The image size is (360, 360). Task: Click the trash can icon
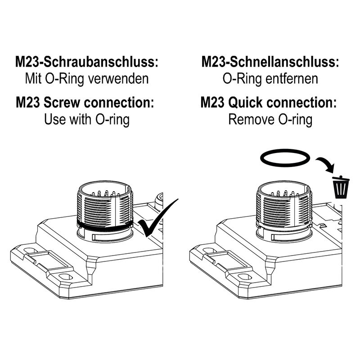coord(341,187)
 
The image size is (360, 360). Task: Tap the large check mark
coord(158,218)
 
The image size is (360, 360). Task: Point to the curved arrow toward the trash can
coord(325,164)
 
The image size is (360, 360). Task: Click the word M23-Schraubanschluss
coord(87,62)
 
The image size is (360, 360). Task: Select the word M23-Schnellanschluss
coord(270,62)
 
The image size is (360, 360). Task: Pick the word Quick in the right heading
coord(245,103)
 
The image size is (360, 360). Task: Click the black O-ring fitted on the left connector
coord(105,226)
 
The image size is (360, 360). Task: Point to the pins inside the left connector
coord(106,193)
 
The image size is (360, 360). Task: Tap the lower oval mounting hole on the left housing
coord(66,276)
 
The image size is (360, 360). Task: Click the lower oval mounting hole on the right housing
coord(245,276)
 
